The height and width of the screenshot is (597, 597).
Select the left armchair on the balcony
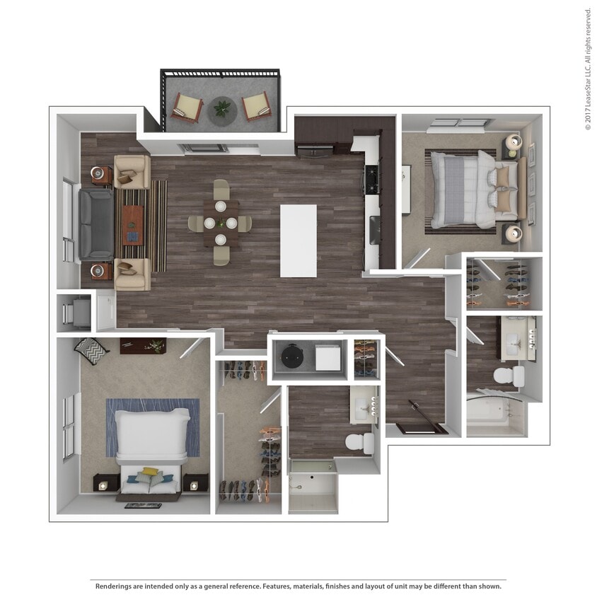tap(187, 108)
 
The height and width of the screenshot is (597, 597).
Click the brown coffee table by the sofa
tap(132, 224)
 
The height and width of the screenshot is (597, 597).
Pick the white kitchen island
tap(298, 240)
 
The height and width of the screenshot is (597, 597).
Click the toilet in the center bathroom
tap(361, 442)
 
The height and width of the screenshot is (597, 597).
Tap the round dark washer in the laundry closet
tap(291, 358)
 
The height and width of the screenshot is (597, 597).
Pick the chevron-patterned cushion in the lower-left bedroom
tap(92, 347)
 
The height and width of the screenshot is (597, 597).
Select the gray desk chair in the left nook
tap(77, 312)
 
